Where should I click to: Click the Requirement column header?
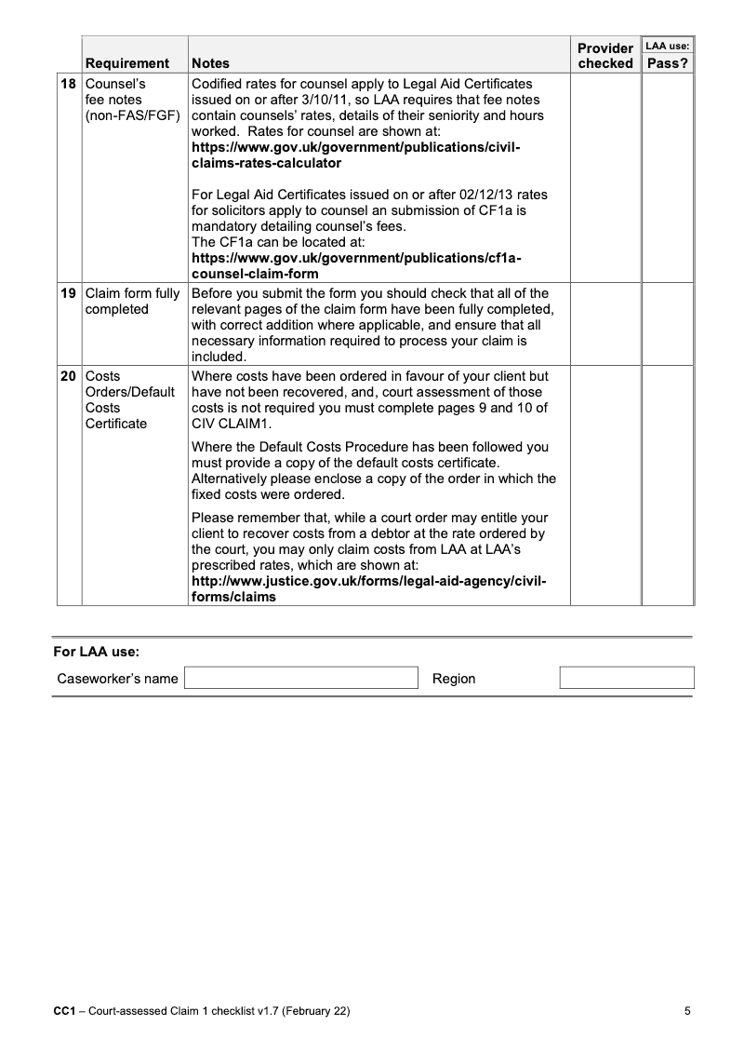pos(127,63)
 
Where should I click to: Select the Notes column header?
pos(210,63)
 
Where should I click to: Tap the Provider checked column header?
pos(605,56)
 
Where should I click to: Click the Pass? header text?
pos(668,63)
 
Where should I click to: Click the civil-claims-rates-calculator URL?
pos(354,155)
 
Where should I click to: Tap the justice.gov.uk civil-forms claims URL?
pos(368,589)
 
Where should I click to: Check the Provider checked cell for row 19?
pos(604,324)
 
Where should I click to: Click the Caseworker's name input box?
pos(301,678)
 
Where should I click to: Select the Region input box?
pos(627,678)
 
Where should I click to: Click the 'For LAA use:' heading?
pos(96,653)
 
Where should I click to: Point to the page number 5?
pos(687,1011)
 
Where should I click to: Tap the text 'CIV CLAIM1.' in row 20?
pos(229,424)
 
